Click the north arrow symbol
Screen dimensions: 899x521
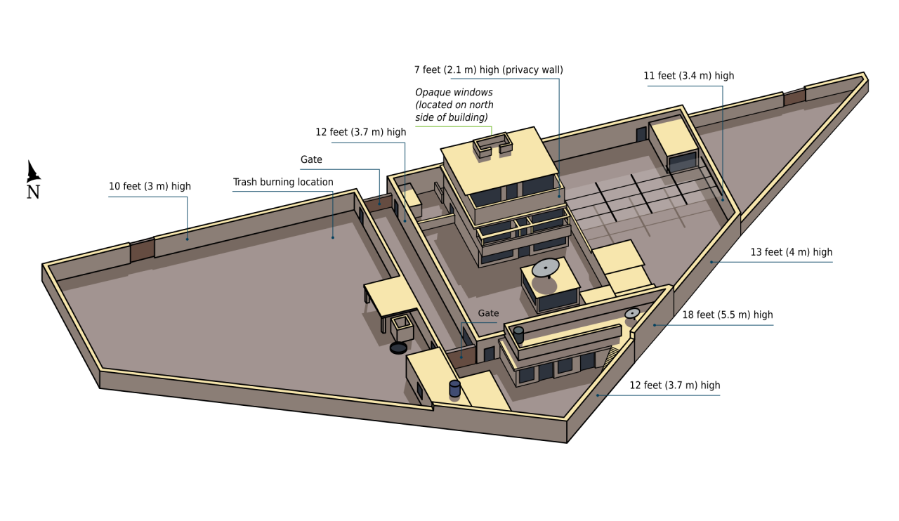(x=33, y=172)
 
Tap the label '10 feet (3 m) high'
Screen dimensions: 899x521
(x=150, y=186)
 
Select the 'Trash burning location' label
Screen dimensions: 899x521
(x=283, y=182)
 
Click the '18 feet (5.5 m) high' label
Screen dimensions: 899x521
(x=727, y=315)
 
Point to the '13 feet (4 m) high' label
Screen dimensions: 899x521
(x=791, y=252)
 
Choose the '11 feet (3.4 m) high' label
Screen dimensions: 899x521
(x=689, y=75)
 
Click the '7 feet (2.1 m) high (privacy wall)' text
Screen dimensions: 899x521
(x=488, y=70)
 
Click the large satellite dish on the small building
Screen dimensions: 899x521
(x=546, y=268)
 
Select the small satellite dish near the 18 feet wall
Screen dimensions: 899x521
(x=632, y=313)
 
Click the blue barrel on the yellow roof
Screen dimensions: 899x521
(x=454, y=388)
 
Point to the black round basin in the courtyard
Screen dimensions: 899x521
(x=398, y=348)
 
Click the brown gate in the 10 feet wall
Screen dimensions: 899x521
(x=142, y=250)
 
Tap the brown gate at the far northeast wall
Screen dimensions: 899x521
(x=794, y=98)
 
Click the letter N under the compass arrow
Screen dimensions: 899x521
(x=33, y=192)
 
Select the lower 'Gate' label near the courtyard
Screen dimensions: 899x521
(x=488, y=313)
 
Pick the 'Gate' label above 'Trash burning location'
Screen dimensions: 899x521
(x=311, y=159)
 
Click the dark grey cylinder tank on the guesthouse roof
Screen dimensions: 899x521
(x=518, y=334)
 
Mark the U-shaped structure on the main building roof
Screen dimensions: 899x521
(x=493, y=145)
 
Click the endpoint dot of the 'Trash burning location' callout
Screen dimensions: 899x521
(x=333, y=237)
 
